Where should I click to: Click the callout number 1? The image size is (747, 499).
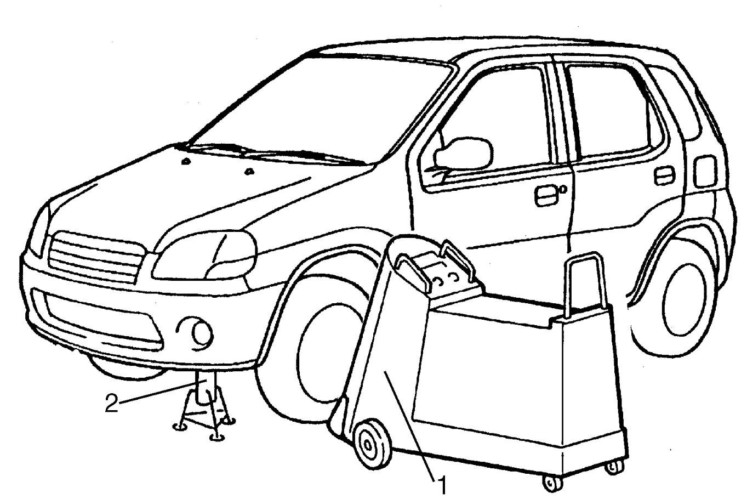point(442,486)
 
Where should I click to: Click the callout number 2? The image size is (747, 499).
point(112,403)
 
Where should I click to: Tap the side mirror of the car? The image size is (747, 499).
point(464,154)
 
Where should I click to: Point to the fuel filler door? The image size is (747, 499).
point(705,171)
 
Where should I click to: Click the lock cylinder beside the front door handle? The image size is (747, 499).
point(563,189)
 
